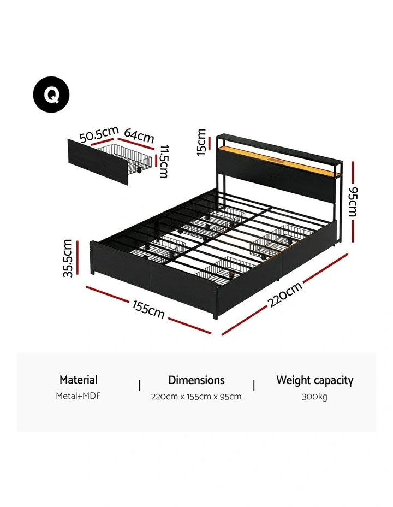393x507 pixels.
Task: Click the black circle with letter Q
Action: pos(51,95)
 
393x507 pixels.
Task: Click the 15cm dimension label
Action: pos(201,142)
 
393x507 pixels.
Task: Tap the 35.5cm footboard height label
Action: pos(68,258)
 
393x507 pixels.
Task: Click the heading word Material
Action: pos(79,380)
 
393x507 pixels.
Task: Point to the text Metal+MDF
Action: pos(78,396)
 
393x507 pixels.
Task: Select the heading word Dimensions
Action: pos(196,380)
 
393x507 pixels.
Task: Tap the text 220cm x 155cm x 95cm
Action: pos(196,397)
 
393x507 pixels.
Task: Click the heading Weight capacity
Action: pos(314,380)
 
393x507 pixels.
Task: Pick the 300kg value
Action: pos(314,397)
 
